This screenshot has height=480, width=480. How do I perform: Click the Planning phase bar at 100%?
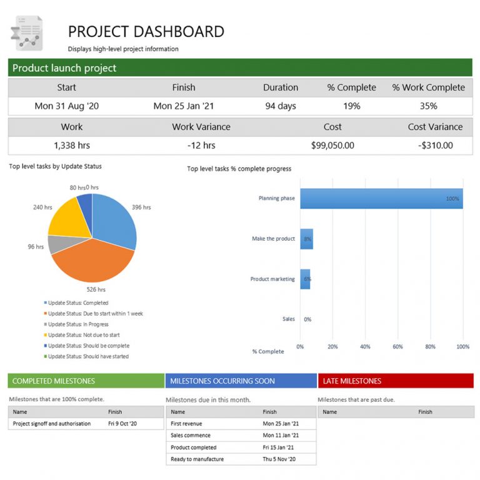tap(381, 199)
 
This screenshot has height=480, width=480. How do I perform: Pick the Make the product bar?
tap(306, 239)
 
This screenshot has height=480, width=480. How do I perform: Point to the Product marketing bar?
tap(305, 279)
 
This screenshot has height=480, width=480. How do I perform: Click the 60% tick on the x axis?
tap(397, 346)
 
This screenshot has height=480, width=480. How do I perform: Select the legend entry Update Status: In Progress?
tap(78, 324)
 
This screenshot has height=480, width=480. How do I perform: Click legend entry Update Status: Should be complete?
tap(88, 346)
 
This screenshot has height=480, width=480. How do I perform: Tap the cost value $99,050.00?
tap(332, 146)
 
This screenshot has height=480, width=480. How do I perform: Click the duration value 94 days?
tap(281, 106)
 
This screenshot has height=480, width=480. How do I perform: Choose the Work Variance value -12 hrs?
tap(201, 146)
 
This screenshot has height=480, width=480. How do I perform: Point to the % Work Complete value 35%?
tap(429, 106)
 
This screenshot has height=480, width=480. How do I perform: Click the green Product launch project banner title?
tap(64, 68)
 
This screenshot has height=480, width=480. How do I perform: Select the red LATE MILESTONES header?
tap(352, 381)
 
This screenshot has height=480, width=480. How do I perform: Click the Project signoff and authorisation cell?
tap(52, 424)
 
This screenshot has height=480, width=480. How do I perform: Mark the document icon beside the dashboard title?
tap(27, 33)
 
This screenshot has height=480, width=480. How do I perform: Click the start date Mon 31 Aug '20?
tap(67, 106)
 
